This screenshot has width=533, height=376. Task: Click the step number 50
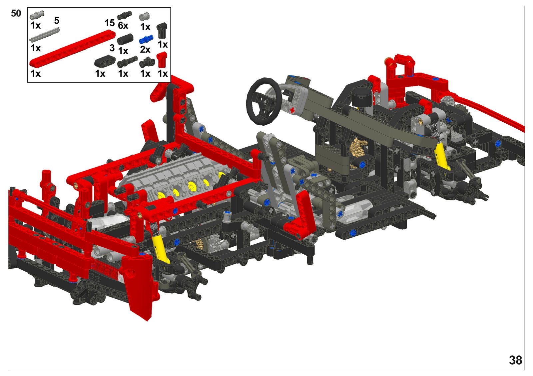pos(16,13)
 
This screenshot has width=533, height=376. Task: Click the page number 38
pos(516,360)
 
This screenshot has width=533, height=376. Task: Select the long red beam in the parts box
pos(72,48)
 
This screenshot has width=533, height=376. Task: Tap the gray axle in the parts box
pos(45,35)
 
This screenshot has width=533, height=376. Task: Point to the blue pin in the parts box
pos(146,39)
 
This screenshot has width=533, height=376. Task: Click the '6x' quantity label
pos(123,25)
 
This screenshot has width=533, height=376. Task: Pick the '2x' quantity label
pos(145,50)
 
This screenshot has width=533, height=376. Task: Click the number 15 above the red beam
pos(110,23)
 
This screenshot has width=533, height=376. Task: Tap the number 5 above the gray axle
pos(57,20)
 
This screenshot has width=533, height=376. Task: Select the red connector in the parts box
pos(162,60)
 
